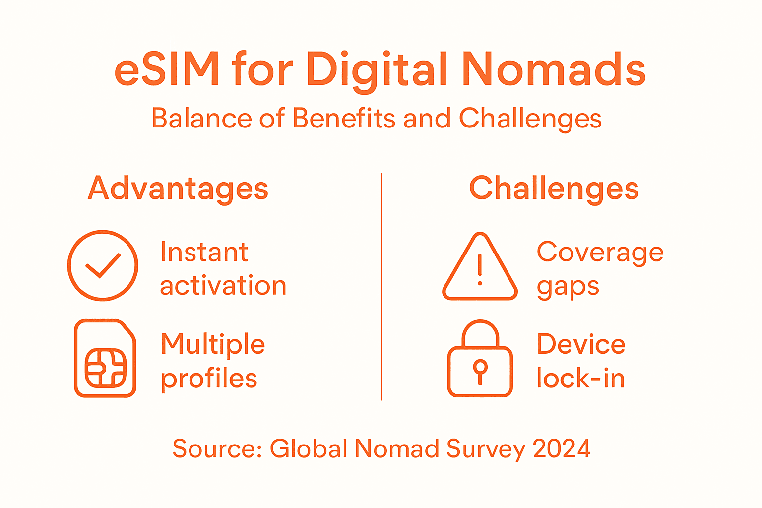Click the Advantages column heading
tap(178, 189)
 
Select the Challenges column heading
tap(554, 189)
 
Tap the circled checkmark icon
tap(103, 265)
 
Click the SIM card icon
tap(105, 358)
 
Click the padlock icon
tap(480, 360)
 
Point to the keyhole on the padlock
tap(480, 370)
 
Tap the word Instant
tap(204, 252)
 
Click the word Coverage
tap(600, 253)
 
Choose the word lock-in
tap(580, 379)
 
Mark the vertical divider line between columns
tap(381, 287)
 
